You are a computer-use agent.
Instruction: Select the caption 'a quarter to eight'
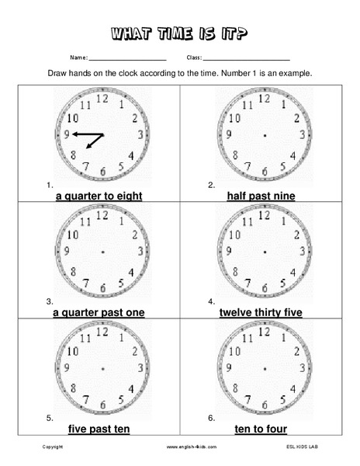pyautogui.click(x=99, y=196)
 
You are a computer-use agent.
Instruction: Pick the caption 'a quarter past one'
pyautogui.click(x=99, y=313)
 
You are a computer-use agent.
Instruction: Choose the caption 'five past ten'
pyautogui.click(x=99, y=429)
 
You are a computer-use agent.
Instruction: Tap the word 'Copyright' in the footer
pyautogui.click(x=53, y=448)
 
